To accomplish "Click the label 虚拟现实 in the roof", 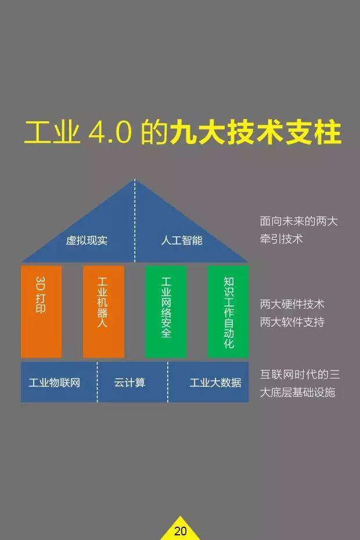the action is [x=87, y=240].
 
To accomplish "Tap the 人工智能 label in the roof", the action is [x=182, y=240].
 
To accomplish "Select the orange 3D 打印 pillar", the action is [x=41, y=311].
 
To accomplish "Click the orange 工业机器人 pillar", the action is [x=103, y=311].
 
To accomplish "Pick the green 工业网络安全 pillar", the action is [x=165, y=311].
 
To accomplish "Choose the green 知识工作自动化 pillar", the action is [x=228, y=311].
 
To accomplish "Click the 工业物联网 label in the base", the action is [x=55, y=383].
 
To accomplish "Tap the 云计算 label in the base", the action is [x=129, y=383].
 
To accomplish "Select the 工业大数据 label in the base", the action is [x=215, y=383].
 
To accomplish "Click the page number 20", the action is [x=180, y=531].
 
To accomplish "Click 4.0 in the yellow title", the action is [x=110, y=132].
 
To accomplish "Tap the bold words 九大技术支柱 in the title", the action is [x=255, y=132].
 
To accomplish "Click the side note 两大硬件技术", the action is [x=292, y=304].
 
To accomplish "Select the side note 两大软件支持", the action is [x=292, y=322].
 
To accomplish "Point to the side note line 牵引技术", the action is [x=281, y=239].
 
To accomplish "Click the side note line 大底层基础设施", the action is [x=297, y=392].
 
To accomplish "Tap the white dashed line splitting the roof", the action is [x=135, y=221].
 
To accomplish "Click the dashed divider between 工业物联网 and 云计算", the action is [x=97, y=382].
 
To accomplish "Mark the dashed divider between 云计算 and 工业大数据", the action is [x=168, y=382].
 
